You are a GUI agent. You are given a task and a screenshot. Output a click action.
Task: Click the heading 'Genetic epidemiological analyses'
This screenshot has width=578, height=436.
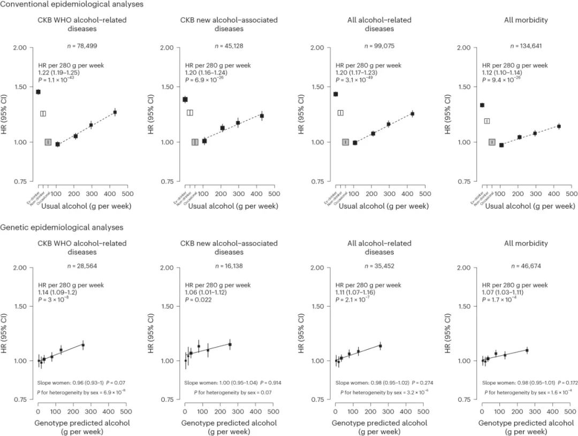62,227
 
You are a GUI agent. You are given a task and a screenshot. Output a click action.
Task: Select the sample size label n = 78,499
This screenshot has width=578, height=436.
82,46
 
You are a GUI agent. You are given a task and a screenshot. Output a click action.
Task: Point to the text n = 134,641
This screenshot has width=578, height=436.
527,46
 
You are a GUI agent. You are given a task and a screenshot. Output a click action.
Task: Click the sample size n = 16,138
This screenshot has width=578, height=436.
229,265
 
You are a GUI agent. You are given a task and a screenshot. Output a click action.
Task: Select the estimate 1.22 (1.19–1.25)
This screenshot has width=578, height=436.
58,72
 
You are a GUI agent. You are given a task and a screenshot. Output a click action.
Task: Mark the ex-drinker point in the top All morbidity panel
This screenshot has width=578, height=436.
482,105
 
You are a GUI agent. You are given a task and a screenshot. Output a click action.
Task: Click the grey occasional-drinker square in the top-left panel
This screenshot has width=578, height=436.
48,142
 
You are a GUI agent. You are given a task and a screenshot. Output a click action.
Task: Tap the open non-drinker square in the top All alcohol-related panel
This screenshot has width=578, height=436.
340,112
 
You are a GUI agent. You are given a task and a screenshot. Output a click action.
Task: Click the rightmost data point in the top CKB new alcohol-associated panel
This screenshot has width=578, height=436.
262,116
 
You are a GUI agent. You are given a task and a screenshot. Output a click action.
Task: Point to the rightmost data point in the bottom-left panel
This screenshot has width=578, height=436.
83,345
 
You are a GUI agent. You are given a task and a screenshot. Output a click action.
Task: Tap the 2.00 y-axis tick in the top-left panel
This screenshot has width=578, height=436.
20,48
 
